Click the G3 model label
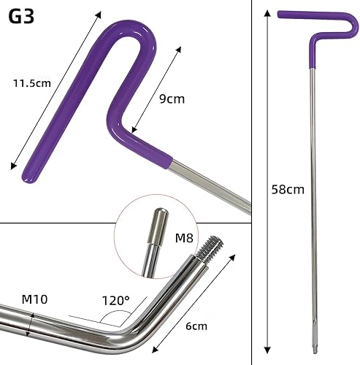21,17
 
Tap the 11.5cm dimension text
32,83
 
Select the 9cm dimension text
172,99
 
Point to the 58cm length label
288,189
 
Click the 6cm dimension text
196,326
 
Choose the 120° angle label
115,301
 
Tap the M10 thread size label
34,299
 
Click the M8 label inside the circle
184,238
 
